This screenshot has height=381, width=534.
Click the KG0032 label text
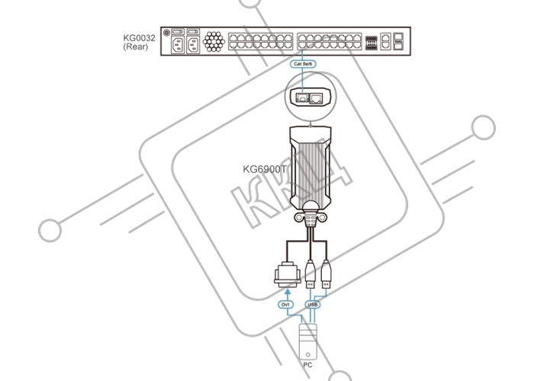139,38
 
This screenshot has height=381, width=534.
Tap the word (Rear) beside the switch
136,46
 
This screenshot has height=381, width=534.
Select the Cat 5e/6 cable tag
303,63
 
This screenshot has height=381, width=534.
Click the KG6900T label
265,169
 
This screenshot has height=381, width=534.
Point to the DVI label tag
285,305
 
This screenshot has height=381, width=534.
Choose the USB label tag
312,305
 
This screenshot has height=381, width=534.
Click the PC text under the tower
307,365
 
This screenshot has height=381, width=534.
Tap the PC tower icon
308,341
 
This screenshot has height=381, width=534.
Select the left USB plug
310,274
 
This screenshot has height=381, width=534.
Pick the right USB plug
326,274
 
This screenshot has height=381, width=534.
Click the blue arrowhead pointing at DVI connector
288,292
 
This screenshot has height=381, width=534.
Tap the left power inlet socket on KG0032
178,45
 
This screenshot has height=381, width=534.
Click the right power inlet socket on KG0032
193,45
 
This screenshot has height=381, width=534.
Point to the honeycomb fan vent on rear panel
214,41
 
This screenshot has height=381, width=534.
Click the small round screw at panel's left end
166,33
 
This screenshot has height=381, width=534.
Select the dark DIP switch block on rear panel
372,43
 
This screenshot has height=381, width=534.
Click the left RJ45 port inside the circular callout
302,98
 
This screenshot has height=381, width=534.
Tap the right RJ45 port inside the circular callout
316,98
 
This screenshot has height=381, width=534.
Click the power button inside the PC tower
308,354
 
